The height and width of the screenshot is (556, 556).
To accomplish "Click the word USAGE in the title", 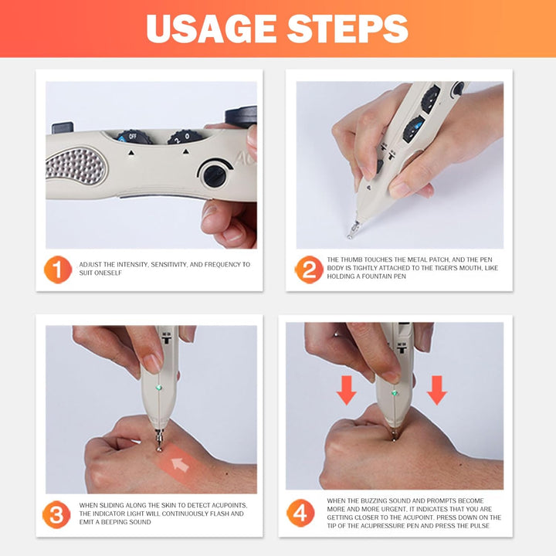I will [210, 29].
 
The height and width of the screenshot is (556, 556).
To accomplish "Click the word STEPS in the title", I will [347, 29].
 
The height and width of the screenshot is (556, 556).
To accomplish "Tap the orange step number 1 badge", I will [57, 270].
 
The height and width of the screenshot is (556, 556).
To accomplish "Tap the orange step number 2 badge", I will [308, 270].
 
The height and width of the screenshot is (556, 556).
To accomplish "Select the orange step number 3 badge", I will [57, 514].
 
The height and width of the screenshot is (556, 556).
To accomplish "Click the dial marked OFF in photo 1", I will [133, 137].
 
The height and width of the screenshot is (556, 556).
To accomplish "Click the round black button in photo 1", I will [214, 175].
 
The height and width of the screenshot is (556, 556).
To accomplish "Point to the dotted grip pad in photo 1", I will [75, 164].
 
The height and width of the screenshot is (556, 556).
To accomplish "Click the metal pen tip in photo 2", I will [354, 228].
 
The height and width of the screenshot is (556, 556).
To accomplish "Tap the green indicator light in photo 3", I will [159, 388].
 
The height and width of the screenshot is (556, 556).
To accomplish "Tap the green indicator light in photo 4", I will [395, 392].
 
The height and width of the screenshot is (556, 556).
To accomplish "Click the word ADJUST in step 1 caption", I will [92, 264].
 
